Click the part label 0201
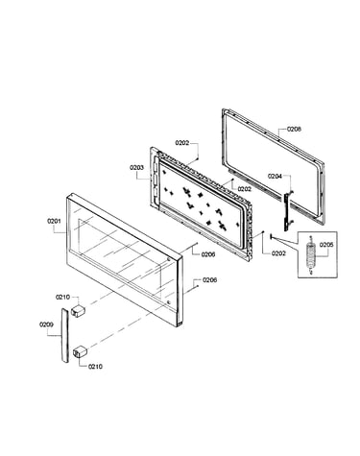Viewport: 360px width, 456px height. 54,221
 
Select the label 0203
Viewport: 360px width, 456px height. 136,167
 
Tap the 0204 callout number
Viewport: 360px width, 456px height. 275,176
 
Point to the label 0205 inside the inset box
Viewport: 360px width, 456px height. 326,245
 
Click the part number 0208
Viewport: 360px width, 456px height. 294,129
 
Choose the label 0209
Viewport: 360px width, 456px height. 46,324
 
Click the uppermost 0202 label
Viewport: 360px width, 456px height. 182,143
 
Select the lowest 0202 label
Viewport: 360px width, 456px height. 278,253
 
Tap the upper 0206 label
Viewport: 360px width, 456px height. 208,254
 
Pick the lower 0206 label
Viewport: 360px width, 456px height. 210,280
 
